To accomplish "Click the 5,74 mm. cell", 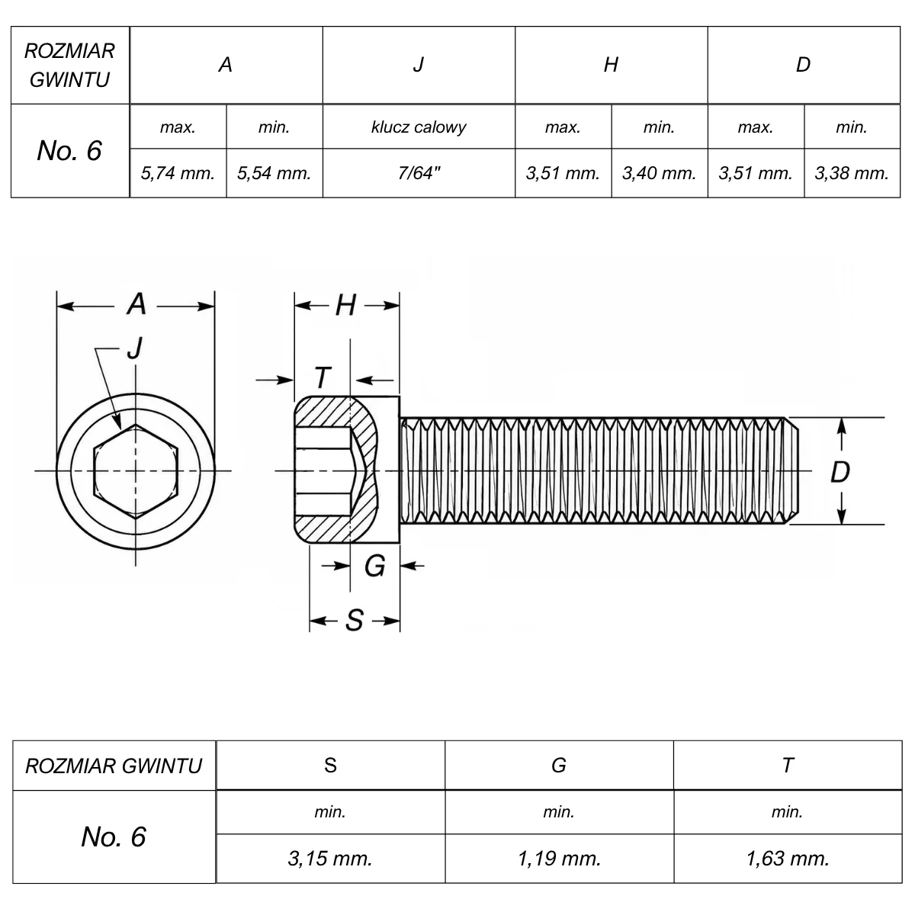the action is [x=178, y=173].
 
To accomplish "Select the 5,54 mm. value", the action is [x=274, y=173].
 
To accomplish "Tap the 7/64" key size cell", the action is [x=419, y=173].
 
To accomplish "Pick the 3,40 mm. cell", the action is [x=659, y=173].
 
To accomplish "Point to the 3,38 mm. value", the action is [x=852, y=173].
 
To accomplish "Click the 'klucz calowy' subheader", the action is [x=419, y=127].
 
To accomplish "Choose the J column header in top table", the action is [x=419, y=65].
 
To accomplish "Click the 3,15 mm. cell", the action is [x=330, y=859].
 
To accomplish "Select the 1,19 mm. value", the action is [x=560, y=859].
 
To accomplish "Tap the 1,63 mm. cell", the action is [x=788, y=859].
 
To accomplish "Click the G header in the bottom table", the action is [x=559, y=766].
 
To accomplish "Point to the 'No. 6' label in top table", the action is [x=69, y=150].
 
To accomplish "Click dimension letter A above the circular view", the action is [x=136, y=304].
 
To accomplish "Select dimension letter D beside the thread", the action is [x=840, y=472].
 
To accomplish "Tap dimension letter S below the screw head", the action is [x=355, y=620].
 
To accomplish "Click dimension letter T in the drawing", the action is [x=323, y=378].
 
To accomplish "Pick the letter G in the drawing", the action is [x=375, y=566].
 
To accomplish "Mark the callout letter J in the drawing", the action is [x=135, y=349].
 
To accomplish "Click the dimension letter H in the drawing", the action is [x=346, y=305].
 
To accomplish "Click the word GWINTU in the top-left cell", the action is [x=70, y=80].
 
